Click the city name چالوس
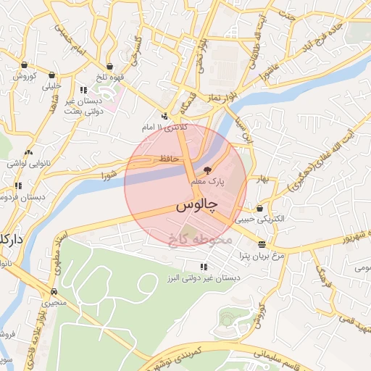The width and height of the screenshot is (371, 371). [196, 206]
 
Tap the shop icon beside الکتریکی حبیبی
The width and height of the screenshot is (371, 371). [259, 209]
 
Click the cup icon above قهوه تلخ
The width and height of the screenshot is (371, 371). [109, 66]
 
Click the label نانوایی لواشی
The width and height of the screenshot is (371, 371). [27, 164]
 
